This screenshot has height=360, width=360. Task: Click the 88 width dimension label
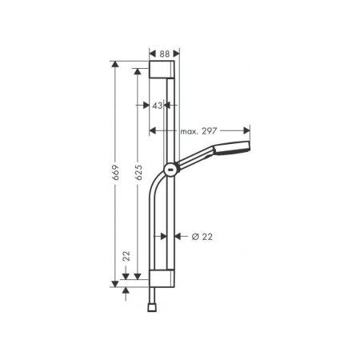(x=163, y=52)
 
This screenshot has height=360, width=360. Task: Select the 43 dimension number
(x=158, y=105)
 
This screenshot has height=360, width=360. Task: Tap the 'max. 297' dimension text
(x=199, y=130)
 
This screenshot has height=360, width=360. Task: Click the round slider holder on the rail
(x=170, y=168)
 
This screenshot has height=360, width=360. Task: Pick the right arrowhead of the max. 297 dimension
(x=247, y=130)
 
